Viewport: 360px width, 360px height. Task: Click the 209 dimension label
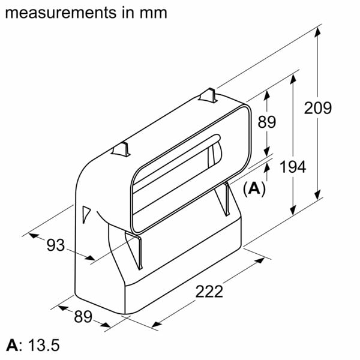[x=318, y=109]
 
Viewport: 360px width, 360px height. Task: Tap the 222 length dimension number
[x=209, y=292]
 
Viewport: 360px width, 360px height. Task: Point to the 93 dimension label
[x=55, y=245]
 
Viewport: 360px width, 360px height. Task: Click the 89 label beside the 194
[x=266, y=122]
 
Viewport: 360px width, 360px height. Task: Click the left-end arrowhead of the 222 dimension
[x=155, y=325]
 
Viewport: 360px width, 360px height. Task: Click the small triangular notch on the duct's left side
[x=85, y=211]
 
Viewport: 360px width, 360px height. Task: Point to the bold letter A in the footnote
[x=11, y=346]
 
